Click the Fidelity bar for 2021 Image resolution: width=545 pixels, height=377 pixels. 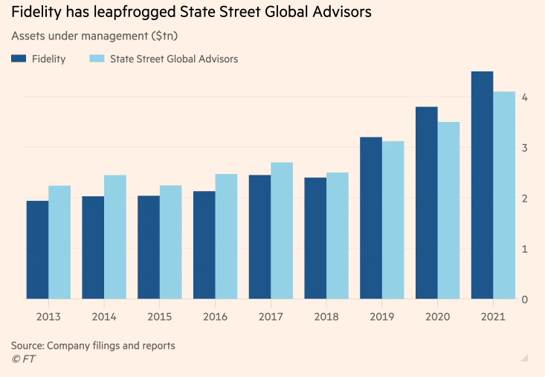pyautogui.click(x=482, y=186)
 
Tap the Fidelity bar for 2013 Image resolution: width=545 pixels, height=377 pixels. pyautogui.click(x=36, y=250)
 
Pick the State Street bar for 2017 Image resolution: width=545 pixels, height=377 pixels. pyautogui.click(x=282, y=231)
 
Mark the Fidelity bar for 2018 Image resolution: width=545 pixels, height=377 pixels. pyautogui.click(x=315, y=238)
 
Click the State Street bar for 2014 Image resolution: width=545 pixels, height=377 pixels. pyautogui.click(x=115, y=237)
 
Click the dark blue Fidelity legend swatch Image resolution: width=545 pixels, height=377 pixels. pyautogui.click(x=19, y=59)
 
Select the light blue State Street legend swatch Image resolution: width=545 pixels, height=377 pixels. pyautogui.click(x=96, y=59)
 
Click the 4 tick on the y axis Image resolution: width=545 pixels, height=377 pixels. pyautogui.click(x=525, y=97)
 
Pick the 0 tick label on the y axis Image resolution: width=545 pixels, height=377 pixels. pyautogui.click(x=525, y=300)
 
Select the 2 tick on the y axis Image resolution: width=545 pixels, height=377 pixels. pyautogui.click(x=525, y=199)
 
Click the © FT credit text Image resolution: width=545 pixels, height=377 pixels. pyautogui.click(x=23, y=360)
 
